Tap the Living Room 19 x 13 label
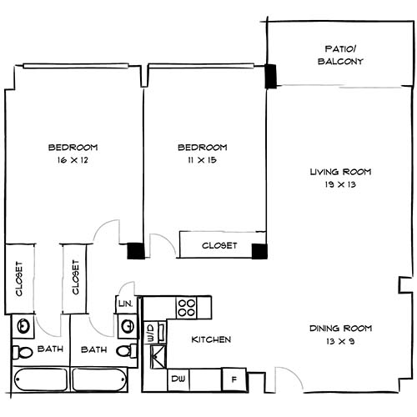click(x=339, y=178)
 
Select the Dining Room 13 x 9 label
click(x=339, y=334)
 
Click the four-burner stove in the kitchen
click(x=187, y=306)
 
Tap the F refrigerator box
click(x=234, y=379)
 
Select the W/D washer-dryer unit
click(x=151, y=334)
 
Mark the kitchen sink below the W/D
click(x=156, y=357)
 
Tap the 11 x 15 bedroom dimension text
click(x=202, y=158)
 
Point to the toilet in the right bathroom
click(x=124, y=351)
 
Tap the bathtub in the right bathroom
click(x=98, y=379)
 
